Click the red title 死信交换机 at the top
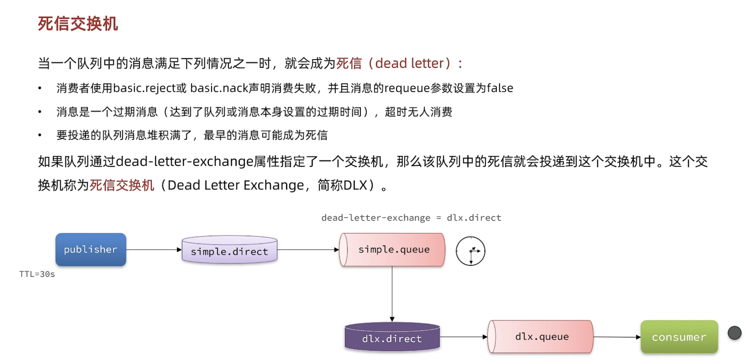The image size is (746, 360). click(78, 24)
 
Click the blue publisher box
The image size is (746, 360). click(91, 249)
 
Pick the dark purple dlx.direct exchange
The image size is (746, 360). click(392, 337)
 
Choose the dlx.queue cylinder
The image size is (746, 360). click(541, 336)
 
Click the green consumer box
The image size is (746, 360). click(679, 337)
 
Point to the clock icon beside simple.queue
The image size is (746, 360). click(470, 251)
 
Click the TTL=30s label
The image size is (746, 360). click(37, 274)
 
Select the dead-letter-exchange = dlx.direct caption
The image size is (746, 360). click(411, 218)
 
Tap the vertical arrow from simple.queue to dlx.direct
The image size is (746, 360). click(392, 294)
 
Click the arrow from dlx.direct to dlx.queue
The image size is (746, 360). click(463, 336)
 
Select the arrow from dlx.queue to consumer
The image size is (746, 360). click(617, 337)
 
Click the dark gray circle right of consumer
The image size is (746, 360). click(735, 333)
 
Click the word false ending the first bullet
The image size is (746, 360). click(500, 88)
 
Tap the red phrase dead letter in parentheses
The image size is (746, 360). click(409, 63)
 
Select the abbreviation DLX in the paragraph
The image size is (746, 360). click(355, 185)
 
